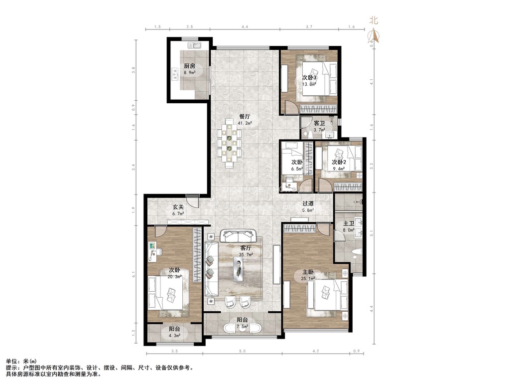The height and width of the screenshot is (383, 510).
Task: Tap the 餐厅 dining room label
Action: [x=245, y=116]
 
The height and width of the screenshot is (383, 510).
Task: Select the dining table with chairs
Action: [x=230, y=143]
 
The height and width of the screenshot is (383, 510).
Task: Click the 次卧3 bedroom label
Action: [x=309, y=77]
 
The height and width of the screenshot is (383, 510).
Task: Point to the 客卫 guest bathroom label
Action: [x=319, y=124]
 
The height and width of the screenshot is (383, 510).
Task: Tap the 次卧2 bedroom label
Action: [x=339, y=162]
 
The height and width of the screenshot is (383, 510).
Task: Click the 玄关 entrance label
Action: [x=178, y=207]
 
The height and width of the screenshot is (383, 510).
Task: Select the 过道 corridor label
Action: [x=308, y=203]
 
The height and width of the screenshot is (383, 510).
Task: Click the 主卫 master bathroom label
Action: [x=348, y=223]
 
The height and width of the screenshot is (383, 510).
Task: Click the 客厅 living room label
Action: [x=246, y=248]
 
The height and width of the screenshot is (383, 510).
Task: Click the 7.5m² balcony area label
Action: [x=243, y=326]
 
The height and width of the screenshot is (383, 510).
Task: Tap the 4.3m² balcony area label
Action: [x=174, y=335]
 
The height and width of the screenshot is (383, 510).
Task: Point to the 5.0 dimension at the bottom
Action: [x=243, y=351]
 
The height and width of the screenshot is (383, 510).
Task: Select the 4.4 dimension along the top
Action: [x=245, y=27]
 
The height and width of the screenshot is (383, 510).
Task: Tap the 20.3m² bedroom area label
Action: [x=175, y=277]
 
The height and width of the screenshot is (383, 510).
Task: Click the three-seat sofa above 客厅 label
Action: [x=238, y=236]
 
